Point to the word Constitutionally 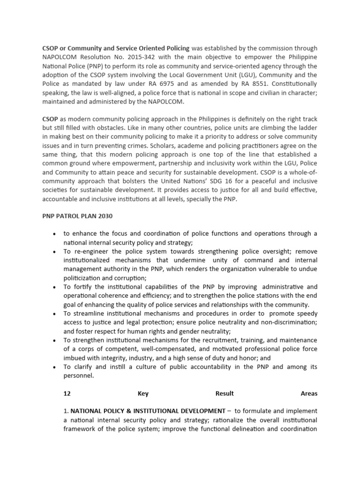294,84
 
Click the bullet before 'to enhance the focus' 55,234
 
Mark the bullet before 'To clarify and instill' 55,367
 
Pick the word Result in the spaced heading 225,393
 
